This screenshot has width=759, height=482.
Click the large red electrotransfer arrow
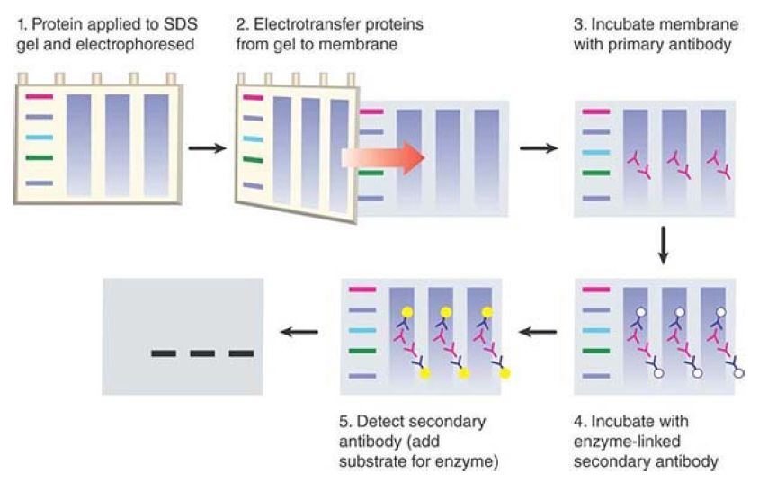[x=382, y=157]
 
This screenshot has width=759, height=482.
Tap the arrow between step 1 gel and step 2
[x=207, y=148]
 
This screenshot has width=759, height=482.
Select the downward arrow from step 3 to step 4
[x=664, y=245]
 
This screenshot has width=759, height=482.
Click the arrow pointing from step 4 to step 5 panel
[x=537, y=332]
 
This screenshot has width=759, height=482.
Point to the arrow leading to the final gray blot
[x=299, y=332]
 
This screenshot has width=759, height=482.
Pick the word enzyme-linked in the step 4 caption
[x=627, y=442]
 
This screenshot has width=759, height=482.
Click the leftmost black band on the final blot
[x=164, y=353]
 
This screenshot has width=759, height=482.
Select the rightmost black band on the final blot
[x=241, y=353]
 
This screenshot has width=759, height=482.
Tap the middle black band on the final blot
[x=202, y=353]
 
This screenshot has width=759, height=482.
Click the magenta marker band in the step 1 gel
[x=40, y=97]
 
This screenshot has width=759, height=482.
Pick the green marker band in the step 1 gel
[x=40, y=157]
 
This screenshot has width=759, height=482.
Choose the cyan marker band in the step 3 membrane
[x=596, y=153]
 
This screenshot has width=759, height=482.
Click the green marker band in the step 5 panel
[x=362, y=351]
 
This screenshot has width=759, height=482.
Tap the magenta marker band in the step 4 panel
[x=596, y=290]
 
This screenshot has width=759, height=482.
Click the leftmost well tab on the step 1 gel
[x=22, y=78]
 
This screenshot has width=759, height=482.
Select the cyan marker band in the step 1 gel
[x=40, y=138]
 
